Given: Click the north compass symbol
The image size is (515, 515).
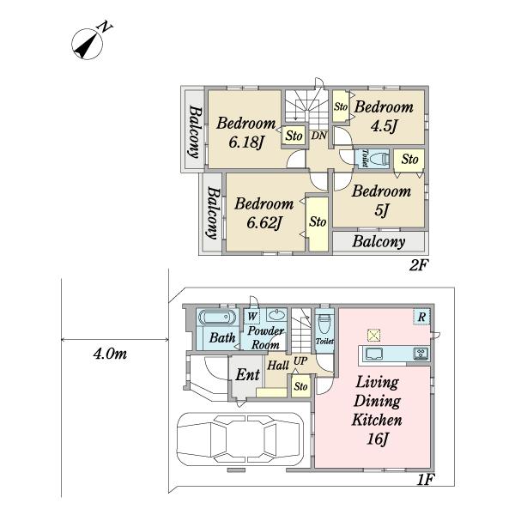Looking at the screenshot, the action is click(x=88, y=44).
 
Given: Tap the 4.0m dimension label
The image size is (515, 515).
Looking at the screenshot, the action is click(x=110, y=354).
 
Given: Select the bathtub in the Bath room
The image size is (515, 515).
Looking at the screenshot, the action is click(x=217, y=317).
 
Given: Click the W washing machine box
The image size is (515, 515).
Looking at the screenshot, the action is click(x=251, y=316).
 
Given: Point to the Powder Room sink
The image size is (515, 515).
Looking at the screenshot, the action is click(x=276, y=315).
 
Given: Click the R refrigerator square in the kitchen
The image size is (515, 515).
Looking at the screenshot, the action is click(x=421, y=317).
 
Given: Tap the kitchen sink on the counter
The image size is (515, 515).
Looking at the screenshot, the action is click(x=374, y=354).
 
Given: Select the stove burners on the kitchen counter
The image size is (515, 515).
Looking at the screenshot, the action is click(x=421, y=354).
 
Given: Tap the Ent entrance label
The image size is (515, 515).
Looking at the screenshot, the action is click(x=247, y=374).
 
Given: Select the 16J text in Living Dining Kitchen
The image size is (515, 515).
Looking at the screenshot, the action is click(x=378, y=439).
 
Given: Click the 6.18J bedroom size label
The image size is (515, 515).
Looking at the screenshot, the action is click(x=246, y=142).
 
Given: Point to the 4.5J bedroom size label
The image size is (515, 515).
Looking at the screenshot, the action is click(x=385, y=126).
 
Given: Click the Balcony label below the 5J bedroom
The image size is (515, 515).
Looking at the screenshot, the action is click(x=379, y=242).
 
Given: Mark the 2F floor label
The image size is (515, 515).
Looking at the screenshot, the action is click(x=417, y=264).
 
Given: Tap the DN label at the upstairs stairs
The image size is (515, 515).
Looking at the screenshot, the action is click(x=319, y=136).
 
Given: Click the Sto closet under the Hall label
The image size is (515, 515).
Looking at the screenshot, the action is click(x=301, y=386).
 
